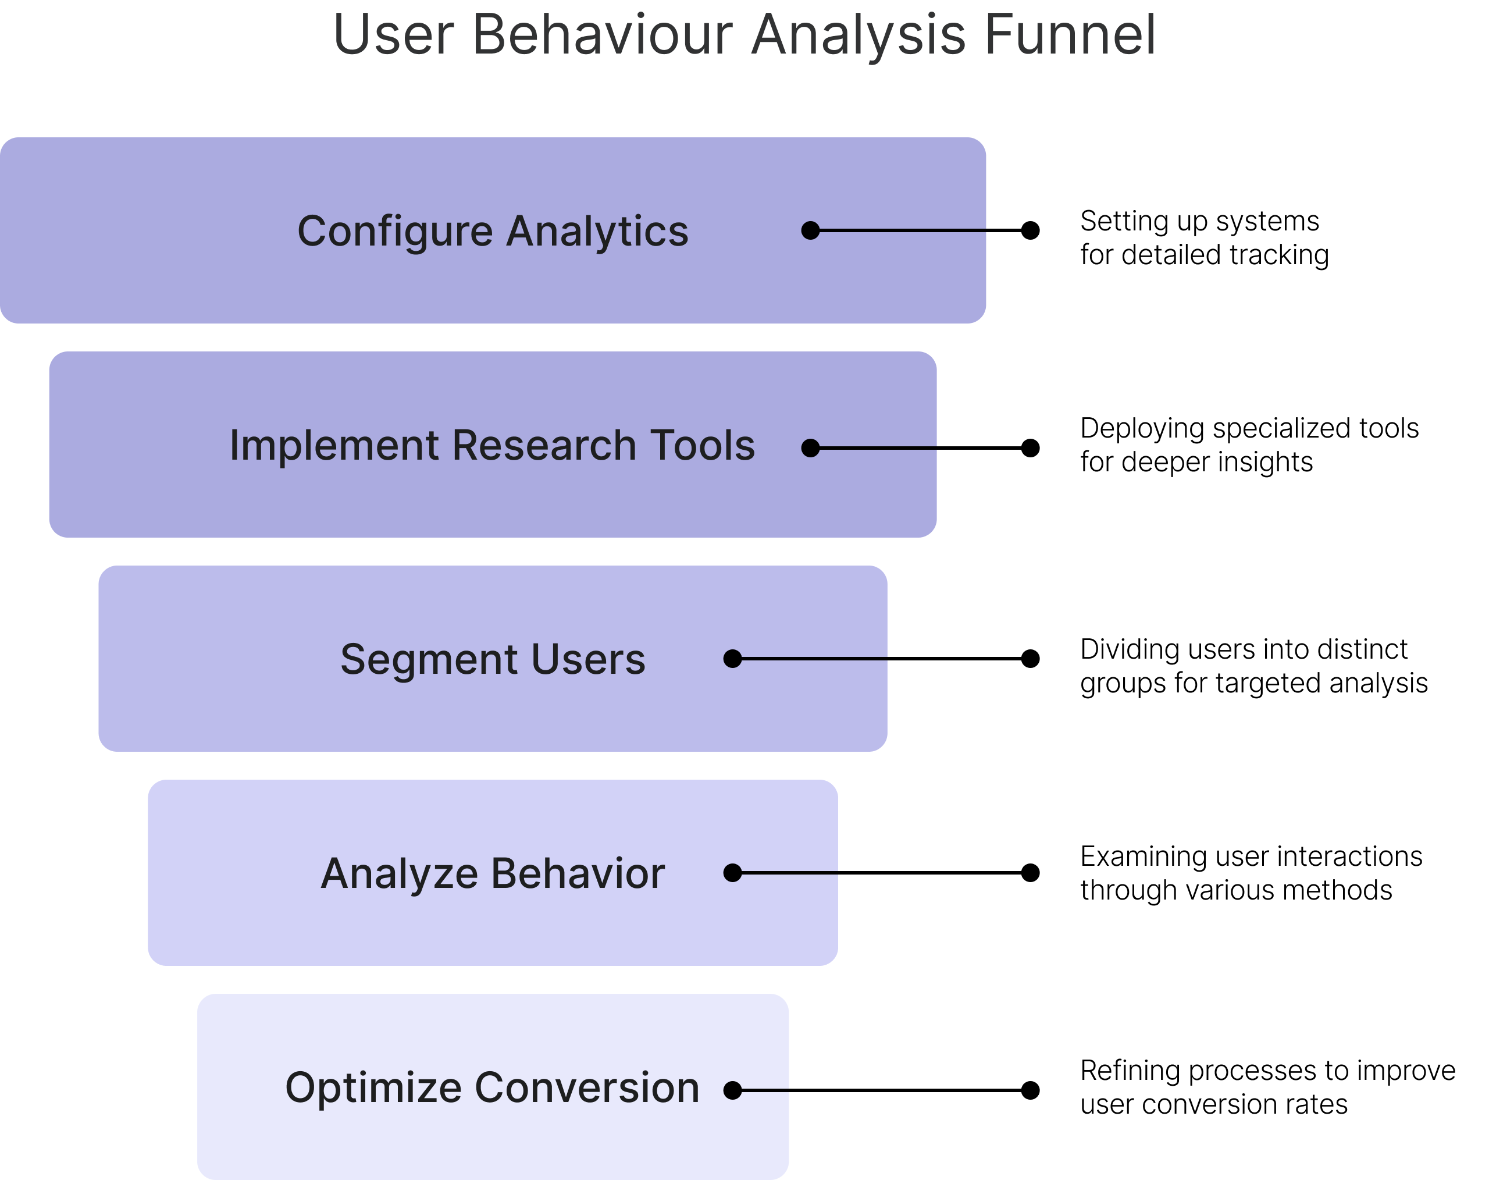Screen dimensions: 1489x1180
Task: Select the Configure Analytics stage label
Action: point(493,232)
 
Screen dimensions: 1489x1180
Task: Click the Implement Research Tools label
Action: point(493,445)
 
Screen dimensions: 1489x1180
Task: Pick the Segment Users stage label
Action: point(493,659)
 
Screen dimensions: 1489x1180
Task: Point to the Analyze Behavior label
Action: point(493,874)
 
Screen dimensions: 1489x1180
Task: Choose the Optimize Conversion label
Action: point(493,1088)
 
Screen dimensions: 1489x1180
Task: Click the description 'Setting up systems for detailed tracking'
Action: point(1205,237)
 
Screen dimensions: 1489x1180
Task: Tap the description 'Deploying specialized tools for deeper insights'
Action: point(1249,445)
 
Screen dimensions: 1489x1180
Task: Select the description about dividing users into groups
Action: point(1253,666)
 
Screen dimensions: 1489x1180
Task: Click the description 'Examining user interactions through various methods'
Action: point(1252,873)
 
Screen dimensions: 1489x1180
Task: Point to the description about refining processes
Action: point(1268,1087)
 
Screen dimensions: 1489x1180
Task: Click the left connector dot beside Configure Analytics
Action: point(811,231)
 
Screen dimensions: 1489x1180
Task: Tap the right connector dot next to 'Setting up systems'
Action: point(1031,231)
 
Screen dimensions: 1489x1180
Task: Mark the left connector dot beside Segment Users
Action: point(733,659)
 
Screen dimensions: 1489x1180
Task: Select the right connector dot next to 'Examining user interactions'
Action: point(1031,873)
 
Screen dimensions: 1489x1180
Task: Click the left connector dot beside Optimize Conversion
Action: point(733,1091)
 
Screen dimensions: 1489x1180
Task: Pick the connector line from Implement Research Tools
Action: point(921,449)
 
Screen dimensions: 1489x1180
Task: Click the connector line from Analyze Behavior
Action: point(881,873)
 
